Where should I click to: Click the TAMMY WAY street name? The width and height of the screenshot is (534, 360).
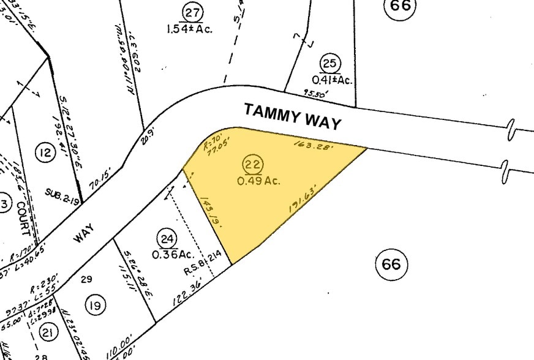click(x=293, y=116)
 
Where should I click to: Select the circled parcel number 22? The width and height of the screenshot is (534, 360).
click(x=251, y=164)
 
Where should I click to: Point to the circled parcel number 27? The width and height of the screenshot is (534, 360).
click(x=193, y=12)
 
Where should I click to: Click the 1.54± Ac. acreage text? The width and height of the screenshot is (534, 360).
click(x=189, y=28)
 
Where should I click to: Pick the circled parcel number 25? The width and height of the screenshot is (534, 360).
click(x=330, y=63)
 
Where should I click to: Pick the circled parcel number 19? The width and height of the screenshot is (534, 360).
click(x=96, y=304)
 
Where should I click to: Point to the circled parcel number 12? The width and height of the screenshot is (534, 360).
click(x=45, y=153)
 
